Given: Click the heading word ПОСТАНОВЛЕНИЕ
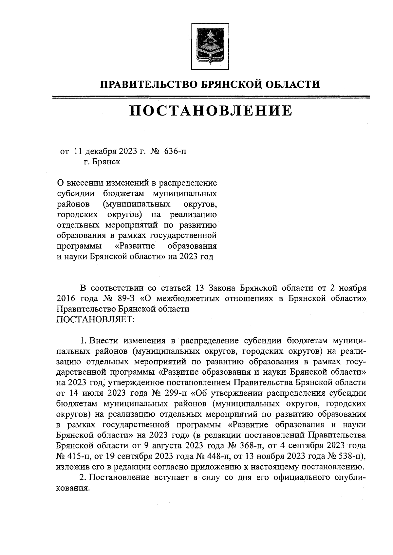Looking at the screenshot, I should point(211,111).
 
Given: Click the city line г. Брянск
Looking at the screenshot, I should point(102,162).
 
